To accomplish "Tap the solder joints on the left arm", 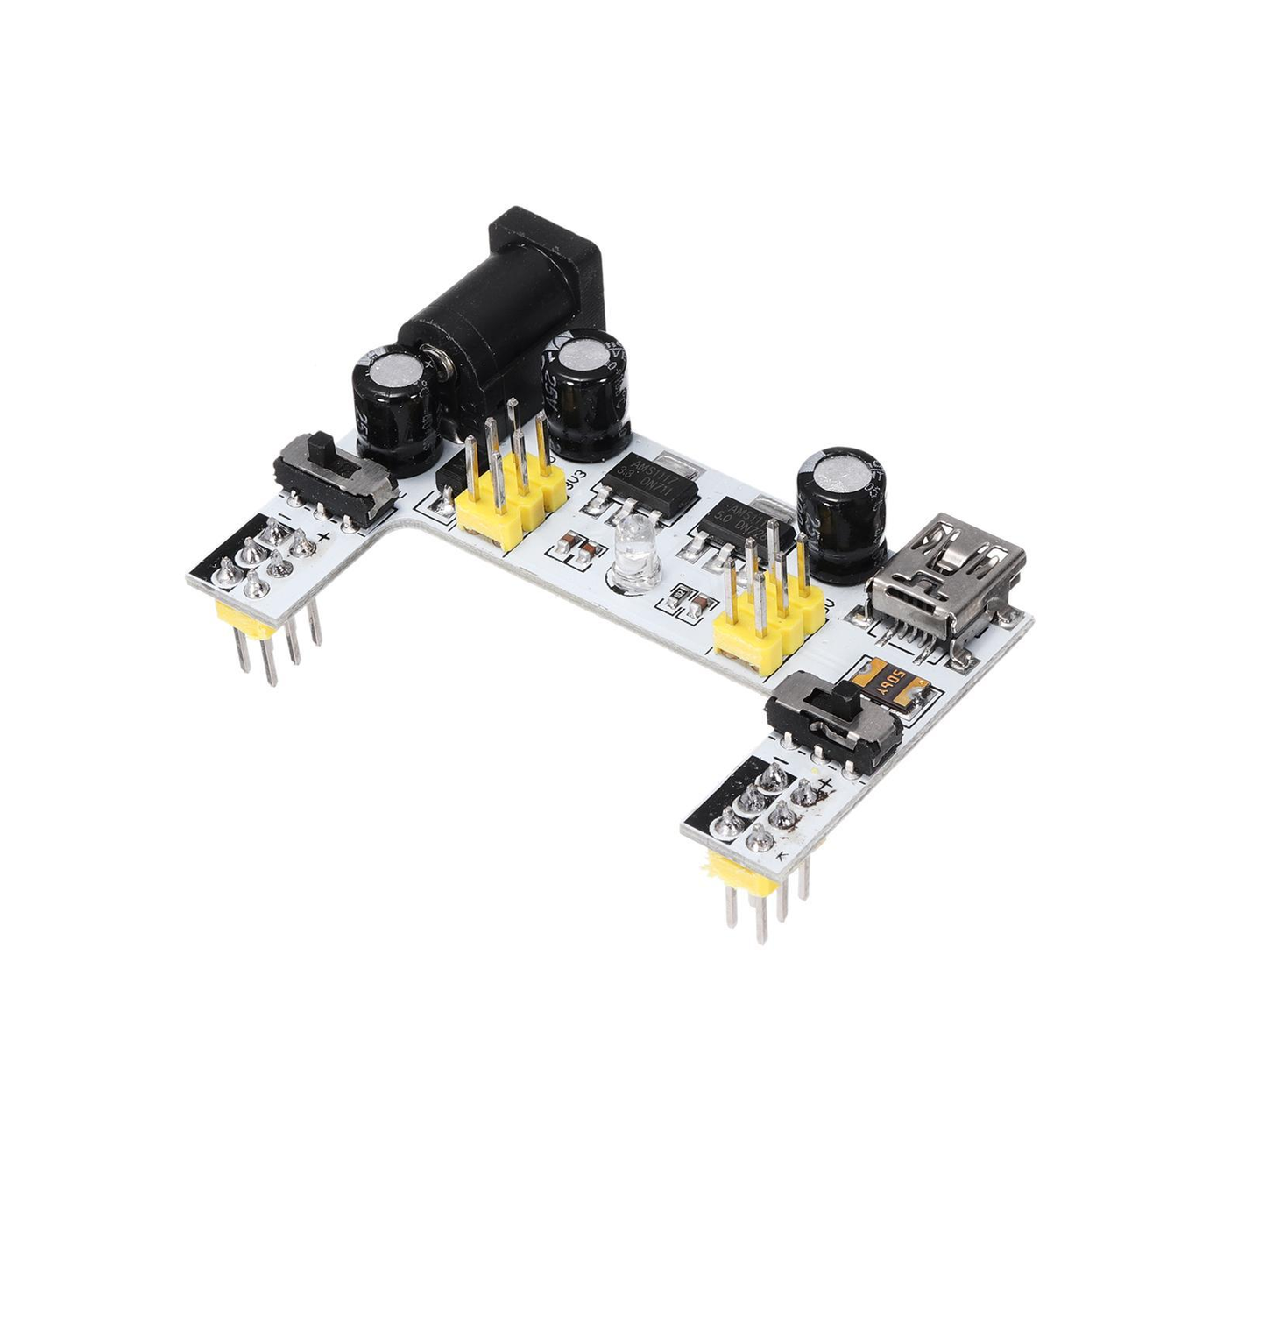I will click(267, 561).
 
